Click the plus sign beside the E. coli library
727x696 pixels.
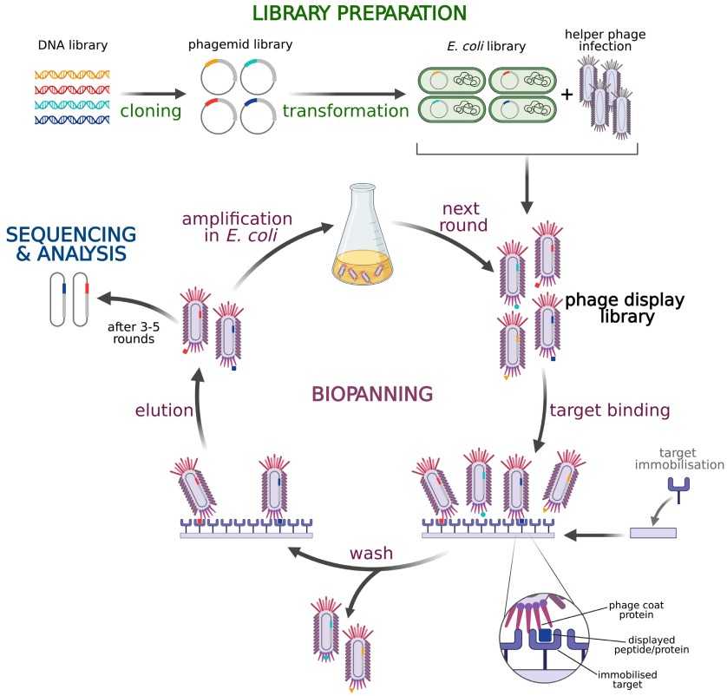[567, 94]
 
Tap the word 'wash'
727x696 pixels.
[367, 553]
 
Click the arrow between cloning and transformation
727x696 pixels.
[154, 92]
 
